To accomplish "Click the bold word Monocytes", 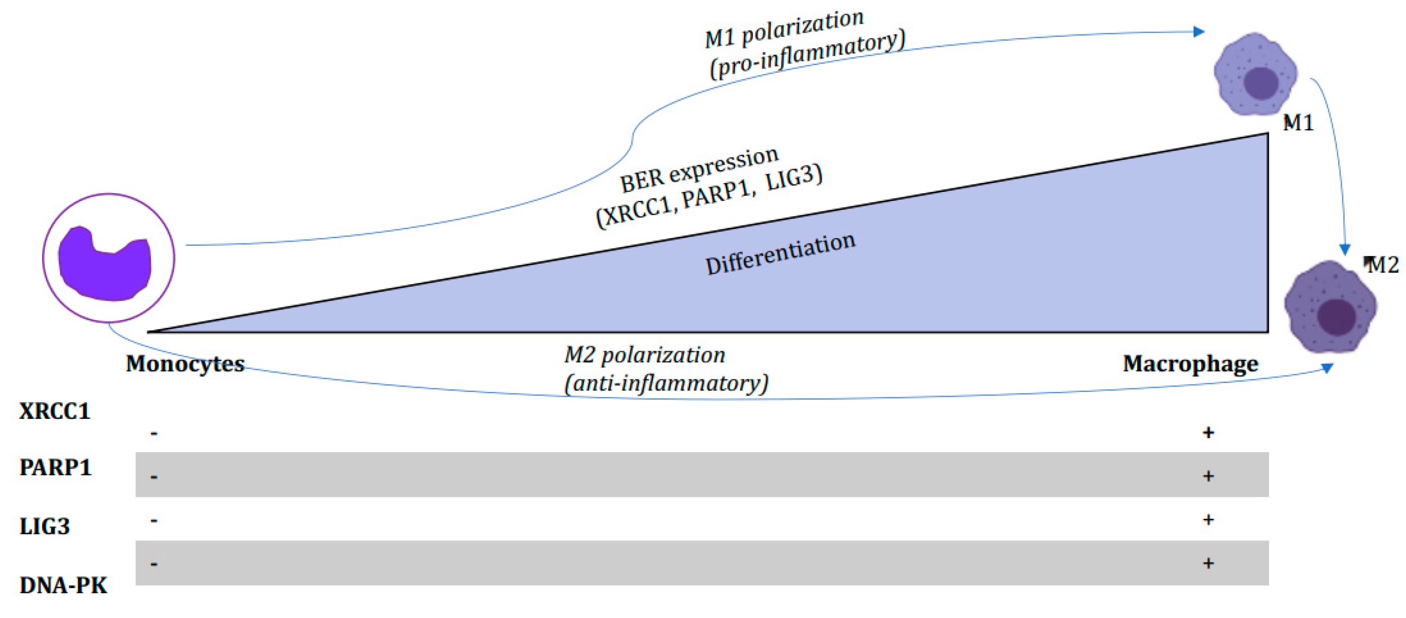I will click(x=185, y=364).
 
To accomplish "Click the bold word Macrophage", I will click(x=1190, y=364).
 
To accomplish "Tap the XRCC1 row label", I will click(x=55, y=411).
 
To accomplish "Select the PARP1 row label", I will click(x=55, y=467).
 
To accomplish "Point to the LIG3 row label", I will click(x=45, y=526).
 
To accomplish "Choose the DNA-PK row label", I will click(x=63, y=585).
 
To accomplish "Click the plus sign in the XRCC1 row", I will click(x=1208, y=432).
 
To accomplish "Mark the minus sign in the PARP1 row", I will click(x=154, y=477).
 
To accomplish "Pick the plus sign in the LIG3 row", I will click(x=1208, y=519).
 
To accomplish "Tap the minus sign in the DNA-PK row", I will click(x=154, y=563).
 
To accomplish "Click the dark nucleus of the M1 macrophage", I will click(x=1261, y=83).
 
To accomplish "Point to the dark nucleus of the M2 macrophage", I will click(x=1336, y=316).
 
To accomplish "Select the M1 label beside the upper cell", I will click(x=1298, y=123).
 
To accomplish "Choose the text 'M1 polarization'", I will click(x=784, y=30).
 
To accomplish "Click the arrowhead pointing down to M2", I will click(x=1345, y=250).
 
